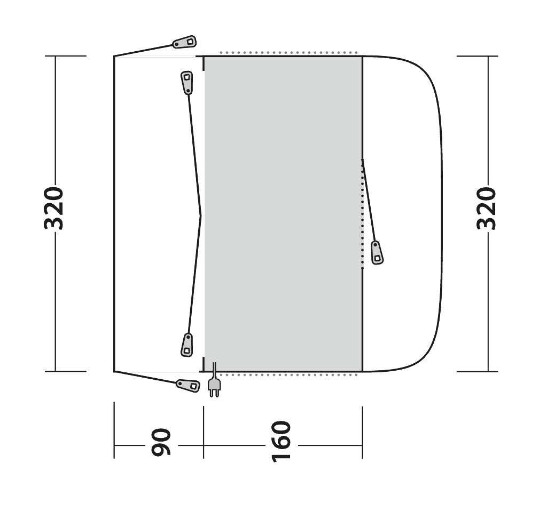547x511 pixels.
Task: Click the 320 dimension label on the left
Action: coord(54,209)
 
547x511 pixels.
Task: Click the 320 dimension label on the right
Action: coord(486,209)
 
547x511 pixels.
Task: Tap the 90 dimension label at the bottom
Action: coord(161,442)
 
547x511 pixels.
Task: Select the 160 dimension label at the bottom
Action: coord(281,442)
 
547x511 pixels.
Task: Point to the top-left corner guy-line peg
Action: coord(184,42)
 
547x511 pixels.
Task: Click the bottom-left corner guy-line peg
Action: coord(188,385)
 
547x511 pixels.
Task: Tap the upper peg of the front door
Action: coord(186,83)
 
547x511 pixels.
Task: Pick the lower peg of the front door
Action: coord(187,345)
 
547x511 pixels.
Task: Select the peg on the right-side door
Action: coord(377,252)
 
